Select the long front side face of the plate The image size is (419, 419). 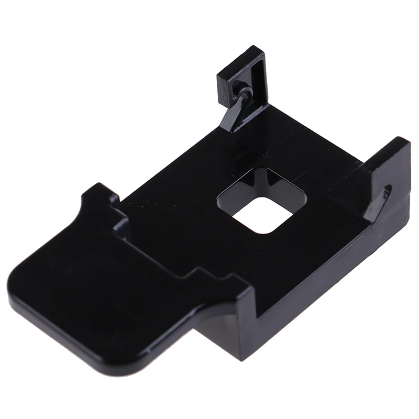point(314,272)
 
